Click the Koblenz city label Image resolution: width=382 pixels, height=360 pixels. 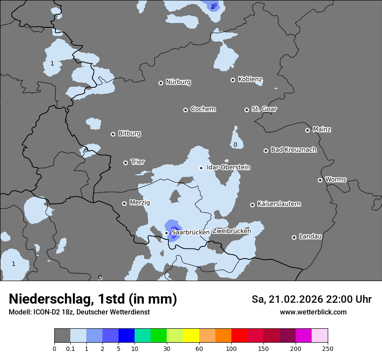pos(250,79)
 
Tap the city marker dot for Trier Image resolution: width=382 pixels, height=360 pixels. pos(126,163)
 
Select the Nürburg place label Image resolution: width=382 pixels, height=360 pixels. pos(178,82)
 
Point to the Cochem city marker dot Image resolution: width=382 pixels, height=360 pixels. pos(185,110)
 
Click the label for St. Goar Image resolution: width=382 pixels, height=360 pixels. pos(264,109)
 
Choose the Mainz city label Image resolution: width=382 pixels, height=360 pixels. pos(322,129)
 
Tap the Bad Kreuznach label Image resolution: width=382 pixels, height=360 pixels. pos(293,150)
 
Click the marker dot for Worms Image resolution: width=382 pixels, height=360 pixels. pos(320,180)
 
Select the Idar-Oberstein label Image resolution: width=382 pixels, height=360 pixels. pos(228,167)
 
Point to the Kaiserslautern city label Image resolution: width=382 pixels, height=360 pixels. pos(279,204)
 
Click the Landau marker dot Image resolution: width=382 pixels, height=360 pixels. pos(294,237)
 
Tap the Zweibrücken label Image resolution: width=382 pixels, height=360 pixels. pos(231,231)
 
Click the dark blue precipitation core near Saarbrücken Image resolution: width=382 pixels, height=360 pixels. pos(175,229)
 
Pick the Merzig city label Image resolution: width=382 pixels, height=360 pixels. pos(139,203)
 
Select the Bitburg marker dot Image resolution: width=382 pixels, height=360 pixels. pos(113,134)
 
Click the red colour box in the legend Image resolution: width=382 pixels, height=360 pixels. pos(239,336)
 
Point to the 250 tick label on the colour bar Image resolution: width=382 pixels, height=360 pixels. pos(328,348)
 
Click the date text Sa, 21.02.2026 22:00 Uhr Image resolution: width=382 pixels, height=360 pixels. pos(311,299)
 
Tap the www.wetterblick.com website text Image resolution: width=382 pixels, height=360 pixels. pos(313,312)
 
